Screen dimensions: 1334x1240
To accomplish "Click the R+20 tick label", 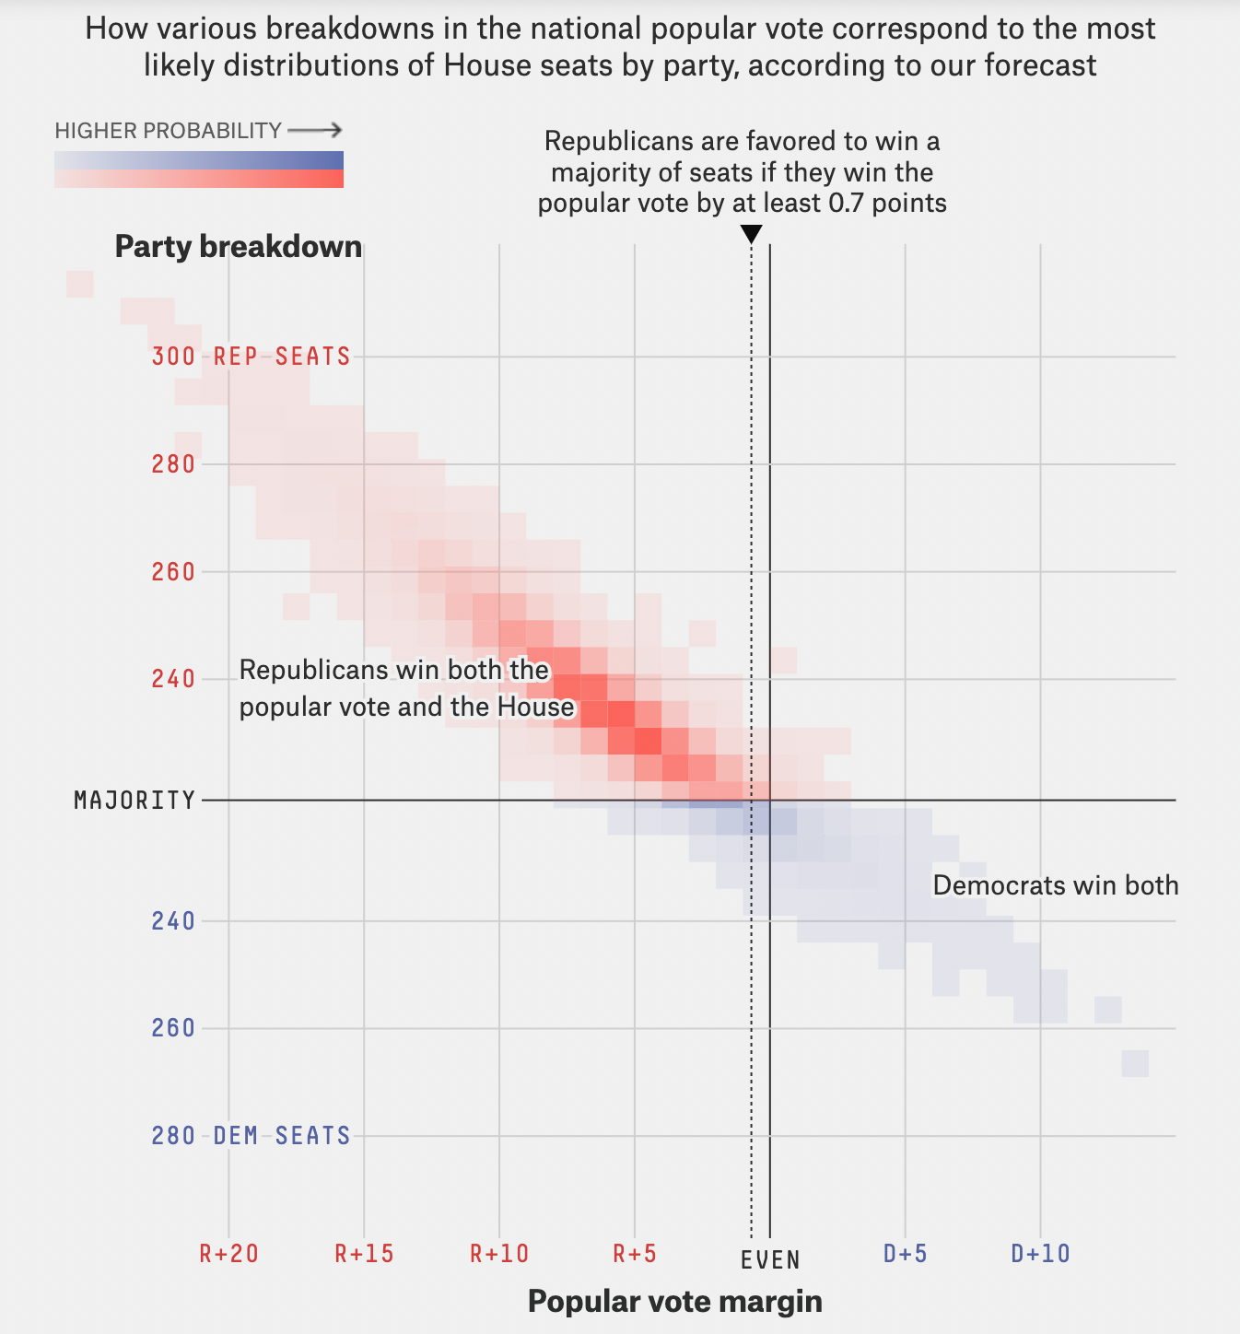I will click(228, 1254).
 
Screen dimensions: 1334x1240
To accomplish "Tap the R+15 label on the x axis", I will click(364, 1254).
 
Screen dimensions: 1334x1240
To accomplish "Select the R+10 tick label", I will click(499, 1254).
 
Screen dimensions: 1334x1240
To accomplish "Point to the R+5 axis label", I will click(635, 1254).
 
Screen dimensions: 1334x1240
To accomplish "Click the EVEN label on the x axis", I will click(770, 1259).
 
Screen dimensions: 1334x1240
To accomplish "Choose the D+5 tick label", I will click(905, 1254).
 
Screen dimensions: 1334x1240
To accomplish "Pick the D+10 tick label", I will click(1040, 1254).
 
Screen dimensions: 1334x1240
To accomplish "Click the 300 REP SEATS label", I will click(251, 357).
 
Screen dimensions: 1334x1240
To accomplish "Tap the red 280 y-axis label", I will click(173, 464).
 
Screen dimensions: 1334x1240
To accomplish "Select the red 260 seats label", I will click(173, 572).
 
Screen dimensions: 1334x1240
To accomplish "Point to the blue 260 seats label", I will click(173, 1028).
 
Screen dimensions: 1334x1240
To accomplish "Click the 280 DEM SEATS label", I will click(251, 1136).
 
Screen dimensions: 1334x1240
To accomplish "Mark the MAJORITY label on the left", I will click(135, 801).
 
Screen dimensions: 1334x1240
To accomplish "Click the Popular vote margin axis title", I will click(674, 1302).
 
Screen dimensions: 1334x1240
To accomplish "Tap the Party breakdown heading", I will click(238, 247).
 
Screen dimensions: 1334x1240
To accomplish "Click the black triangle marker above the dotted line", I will click(752, 235).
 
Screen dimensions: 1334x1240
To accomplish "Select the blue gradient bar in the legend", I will click(199, 160).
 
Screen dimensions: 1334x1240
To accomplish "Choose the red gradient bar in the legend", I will click(199, 179).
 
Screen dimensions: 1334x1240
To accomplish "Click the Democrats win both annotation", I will click(1056, 886).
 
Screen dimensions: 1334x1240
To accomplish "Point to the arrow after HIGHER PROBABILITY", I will click(315, 131).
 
